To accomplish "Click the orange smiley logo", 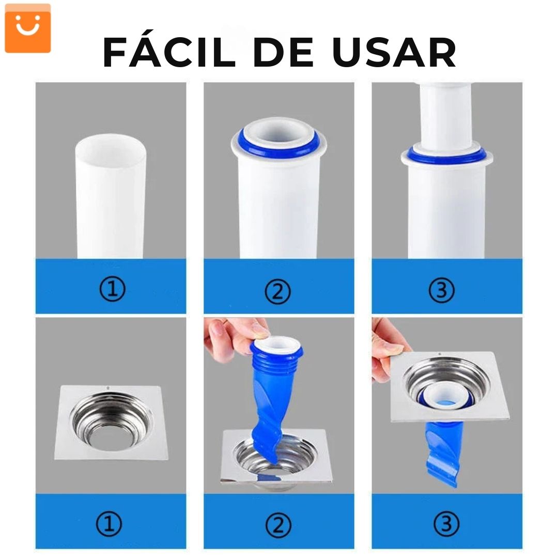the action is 28,28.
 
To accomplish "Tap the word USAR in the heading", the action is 394,52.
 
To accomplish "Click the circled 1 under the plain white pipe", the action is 113,289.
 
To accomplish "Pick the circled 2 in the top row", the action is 278,291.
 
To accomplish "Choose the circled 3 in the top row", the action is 441,290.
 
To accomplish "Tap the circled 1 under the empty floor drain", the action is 109,524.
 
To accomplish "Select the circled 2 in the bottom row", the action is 278,525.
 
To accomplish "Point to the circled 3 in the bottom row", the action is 446,524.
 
